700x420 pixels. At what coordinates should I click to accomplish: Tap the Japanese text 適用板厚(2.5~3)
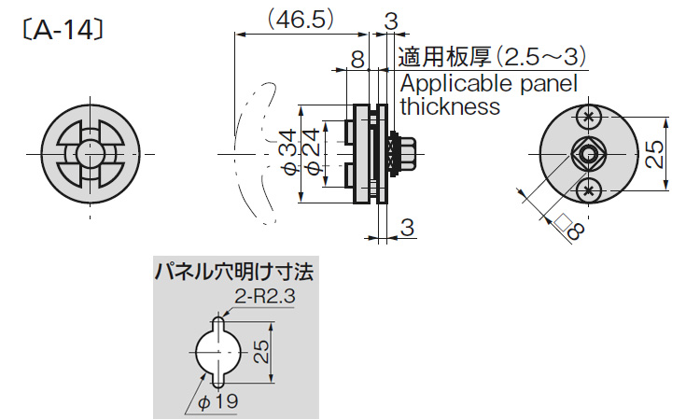(492, 57)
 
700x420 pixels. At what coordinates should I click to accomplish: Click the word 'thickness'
(450, 106)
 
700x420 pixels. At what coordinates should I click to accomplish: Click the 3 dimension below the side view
(406, 225)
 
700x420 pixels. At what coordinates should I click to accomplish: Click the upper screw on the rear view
(587, 117)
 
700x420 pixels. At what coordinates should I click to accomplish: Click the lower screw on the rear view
(587, 190)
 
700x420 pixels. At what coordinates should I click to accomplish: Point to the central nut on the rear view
(587, 154)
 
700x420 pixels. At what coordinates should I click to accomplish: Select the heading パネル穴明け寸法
(233, 273)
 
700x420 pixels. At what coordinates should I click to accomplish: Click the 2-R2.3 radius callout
(264, 297)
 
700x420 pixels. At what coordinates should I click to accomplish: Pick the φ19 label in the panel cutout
(220, 400)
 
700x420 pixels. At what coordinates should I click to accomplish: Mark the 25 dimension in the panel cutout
(262, 352)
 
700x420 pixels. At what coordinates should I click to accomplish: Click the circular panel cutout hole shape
(216, 353)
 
